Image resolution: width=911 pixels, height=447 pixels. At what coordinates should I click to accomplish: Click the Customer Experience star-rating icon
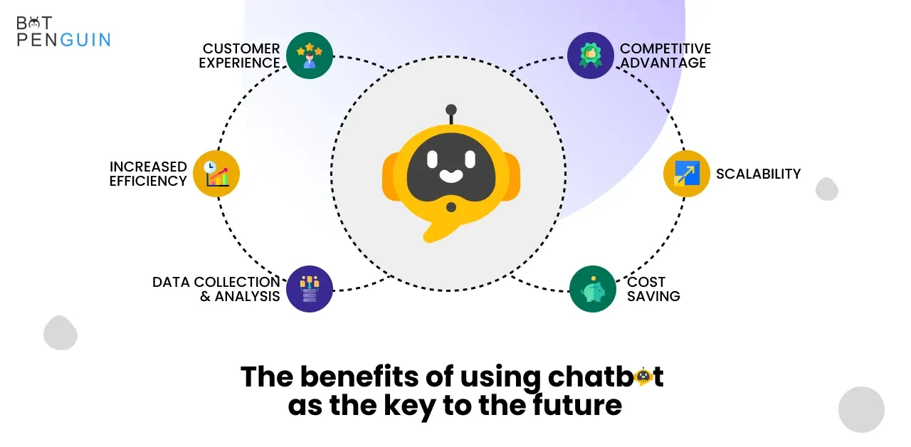point(310,56)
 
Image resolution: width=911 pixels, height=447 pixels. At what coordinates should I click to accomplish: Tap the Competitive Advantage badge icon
point(591,56)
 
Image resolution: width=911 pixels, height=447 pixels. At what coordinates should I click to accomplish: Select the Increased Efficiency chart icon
point(216,174)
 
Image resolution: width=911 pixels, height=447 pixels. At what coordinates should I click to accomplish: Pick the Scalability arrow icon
point(687,174)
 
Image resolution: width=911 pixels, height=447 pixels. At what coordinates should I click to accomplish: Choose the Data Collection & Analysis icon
point(310,289)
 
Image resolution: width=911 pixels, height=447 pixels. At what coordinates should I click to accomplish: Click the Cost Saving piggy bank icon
point(593,289)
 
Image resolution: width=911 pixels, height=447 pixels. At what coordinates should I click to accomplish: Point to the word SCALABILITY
point(758,174)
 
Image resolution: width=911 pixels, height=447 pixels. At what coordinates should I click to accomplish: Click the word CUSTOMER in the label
point(241,48)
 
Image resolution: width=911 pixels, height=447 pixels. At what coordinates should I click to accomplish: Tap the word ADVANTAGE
point(663,63)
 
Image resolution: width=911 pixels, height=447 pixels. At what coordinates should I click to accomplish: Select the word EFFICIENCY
point(148,181)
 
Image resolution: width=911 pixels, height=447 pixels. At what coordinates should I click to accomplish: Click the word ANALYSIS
point(247,297)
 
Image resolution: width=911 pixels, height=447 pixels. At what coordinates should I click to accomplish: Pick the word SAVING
point(653,297)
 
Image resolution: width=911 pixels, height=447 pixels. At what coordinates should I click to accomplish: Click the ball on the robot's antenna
point(451,110)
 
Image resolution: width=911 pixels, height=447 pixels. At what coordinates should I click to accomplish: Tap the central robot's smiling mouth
point(451,176)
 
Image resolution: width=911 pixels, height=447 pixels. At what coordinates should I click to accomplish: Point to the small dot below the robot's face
point(451,207)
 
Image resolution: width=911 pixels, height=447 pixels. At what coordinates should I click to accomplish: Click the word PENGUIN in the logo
point(64,40)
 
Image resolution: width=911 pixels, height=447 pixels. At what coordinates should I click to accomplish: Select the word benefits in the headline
point(359,377)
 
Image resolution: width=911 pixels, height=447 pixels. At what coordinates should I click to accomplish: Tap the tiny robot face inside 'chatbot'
point(643,377)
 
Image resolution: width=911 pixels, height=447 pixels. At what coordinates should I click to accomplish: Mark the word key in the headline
point(409,406)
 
